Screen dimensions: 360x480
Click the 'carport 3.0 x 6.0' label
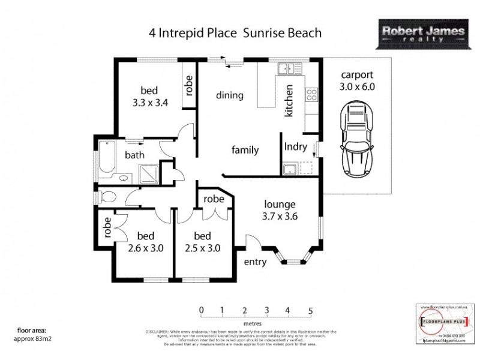point(358,80)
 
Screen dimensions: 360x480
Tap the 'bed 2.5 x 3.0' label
point(200,241)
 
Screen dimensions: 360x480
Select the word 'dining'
point(229,95)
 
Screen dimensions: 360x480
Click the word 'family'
point(245,150)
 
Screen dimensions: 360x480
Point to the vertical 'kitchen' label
point(289,100)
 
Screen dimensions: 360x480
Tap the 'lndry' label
point(296,146)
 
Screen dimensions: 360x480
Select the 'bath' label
point(134,155)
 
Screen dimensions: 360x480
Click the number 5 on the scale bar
point(311,310)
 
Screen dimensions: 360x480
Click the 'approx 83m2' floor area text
point(35,338)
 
